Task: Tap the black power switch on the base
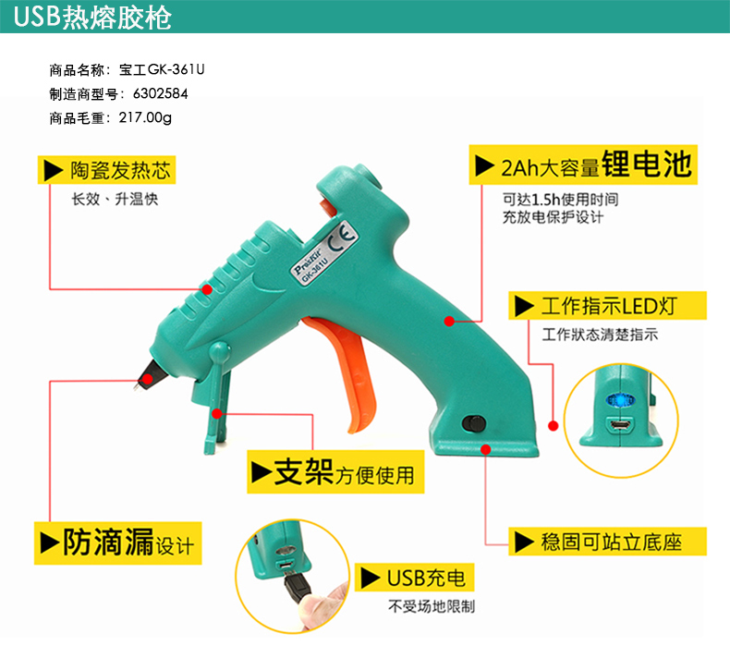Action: coord(473,424)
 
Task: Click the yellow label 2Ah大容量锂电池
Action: coord(582,166)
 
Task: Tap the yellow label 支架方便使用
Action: coord(332,473)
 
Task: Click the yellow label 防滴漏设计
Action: coord(117,542)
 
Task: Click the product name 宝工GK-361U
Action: coord(167,69)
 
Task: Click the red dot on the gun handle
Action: coord(449,322)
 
